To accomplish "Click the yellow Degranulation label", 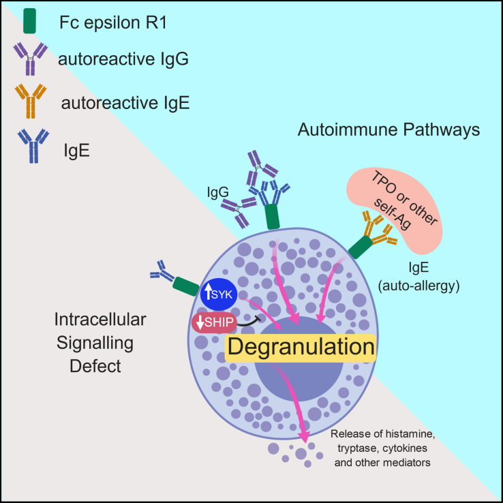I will (301, 347).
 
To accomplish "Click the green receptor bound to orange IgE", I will (363, 245).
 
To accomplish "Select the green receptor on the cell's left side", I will (186, 286).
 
